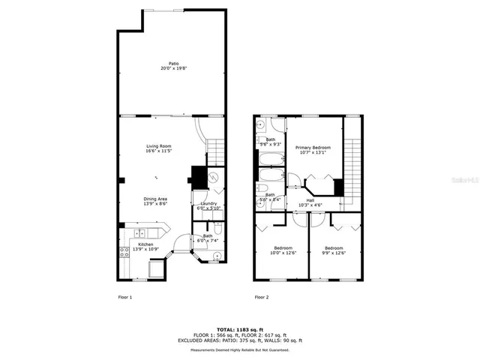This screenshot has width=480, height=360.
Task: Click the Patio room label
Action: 173,66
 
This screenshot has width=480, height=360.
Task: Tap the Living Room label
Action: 159,148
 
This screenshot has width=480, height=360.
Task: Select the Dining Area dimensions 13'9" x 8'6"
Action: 155,203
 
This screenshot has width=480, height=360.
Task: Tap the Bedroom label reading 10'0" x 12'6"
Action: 283,250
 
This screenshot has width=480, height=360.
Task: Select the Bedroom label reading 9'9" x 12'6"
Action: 334,250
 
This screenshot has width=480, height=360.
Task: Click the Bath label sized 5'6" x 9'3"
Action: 270,141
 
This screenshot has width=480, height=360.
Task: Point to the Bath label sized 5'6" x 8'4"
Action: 270,197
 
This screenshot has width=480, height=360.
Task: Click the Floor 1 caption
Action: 125,297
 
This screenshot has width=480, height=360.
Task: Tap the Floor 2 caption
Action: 261,297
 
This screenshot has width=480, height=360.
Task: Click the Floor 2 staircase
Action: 352,161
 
